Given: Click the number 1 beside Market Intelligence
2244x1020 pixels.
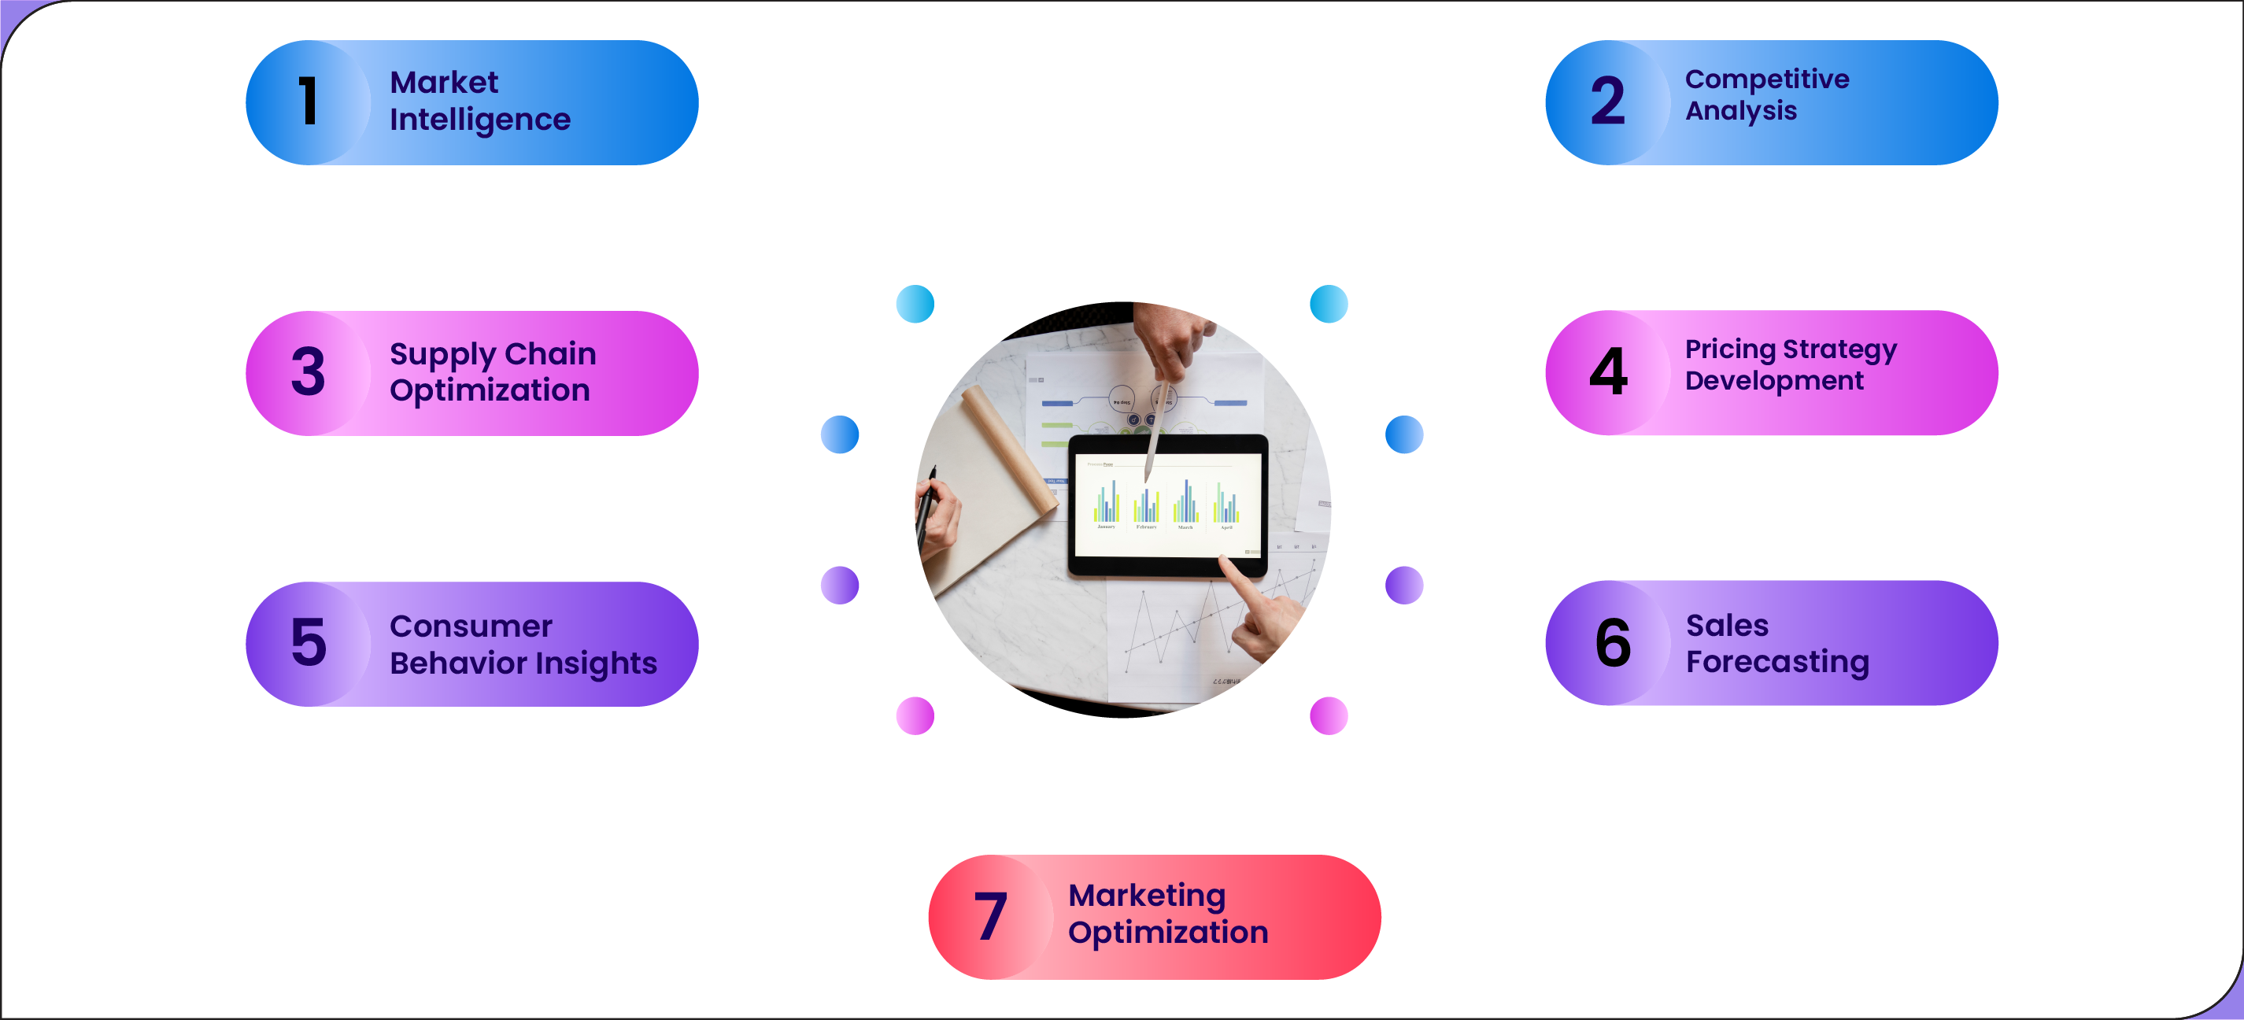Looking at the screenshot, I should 308,101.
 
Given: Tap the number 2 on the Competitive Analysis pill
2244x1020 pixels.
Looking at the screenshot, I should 1607,101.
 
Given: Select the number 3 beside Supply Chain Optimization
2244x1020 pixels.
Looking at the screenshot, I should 309,372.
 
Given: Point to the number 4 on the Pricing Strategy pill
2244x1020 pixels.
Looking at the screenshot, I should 1608,372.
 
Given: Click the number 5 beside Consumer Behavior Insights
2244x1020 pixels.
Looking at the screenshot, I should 309,643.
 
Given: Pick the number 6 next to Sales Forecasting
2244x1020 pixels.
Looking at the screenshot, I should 1613,643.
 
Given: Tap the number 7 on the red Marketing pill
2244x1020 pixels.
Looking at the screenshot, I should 990,916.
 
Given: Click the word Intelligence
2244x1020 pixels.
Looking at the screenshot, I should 480,120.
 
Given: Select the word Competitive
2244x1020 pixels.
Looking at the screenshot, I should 1766,79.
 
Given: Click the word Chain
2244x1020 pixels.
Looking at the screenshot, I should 549,353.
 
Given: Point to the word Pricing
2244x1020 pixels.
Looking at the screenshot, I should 1730,349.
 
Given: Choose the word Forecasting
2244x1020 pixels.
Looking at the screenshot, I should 1777,662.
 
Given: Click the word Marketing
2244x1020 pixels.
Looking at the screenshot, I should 1146,896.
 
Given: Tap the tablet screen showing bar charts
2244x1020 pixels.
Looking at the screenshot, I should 1167,505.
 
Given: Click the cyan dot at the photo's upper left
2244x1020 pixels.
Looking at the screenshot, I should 915,304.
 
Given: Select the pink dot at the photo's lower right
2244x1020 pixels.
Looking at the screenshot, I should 1329,716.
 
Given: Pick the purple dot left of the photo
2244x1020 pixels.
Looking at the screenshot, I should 840,586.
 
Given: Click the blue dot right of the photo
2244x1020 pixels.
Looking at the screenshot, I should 1403,434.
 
